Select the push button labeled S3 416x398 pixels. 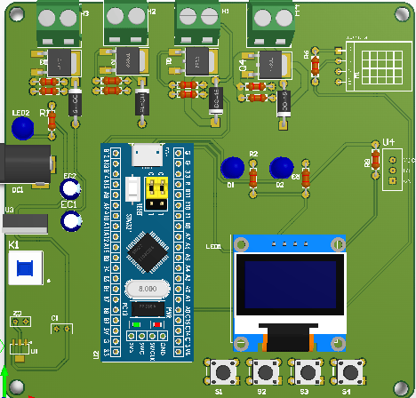(x=307, y=371)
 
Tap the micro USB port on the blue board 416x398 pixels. (x=147, y=155)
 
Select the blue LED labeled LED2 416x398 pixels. (x=24, y=131)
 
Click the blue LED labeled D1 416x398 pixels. (x=232, y=167)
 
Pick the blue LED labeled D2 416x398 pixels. (x=281, y=167)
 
